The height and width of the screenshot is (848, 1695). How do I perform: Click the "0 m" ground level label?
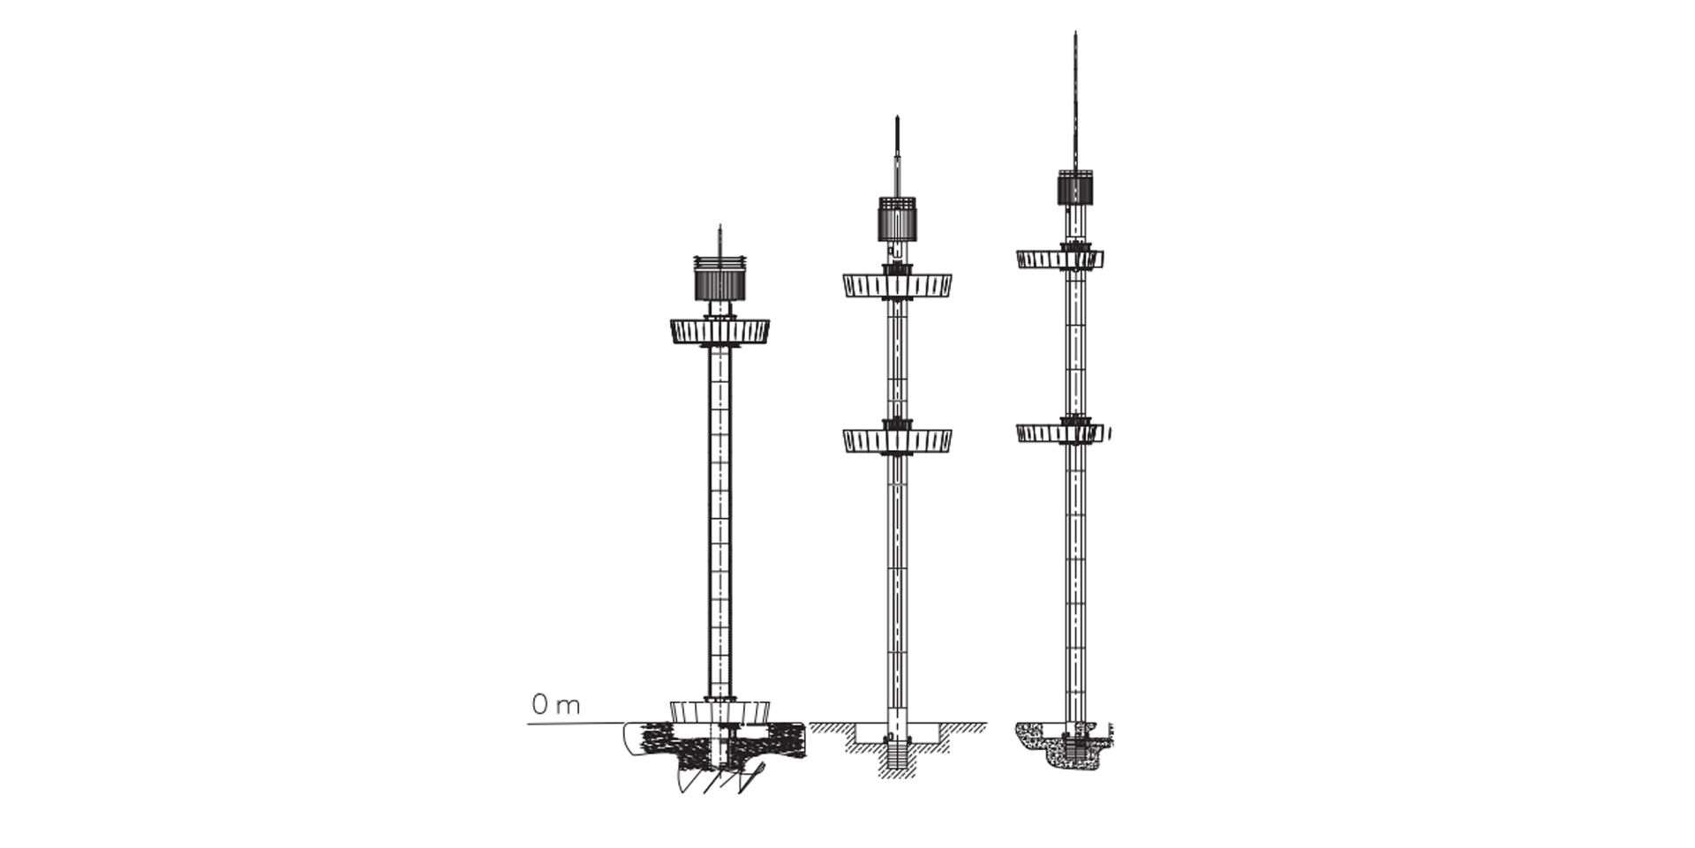[x=556, y=705]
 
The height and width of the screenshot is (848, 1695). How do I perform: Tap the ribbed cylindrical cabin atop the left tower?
[x=719, y=281]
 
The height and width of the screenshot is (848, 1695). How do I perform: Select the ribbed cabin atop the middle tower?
[x=897, y=219]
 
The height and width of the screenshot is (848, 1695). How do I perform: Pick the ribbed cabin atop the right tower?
[x=1076, y=187]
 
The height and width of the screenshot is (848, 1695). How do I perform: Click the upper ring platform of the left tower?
[x=719, y=332]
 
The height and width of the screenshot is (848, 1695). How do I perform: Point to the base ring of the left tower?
[x=719, y=711]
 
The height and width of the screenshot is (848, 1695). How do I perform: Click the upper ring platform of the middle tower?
[x=897, y=285]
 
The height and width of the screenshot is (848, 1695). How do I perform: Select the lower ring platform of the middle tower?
[x=897, y=440]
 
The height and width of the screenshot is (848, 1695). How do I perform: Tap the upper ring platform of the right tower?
[x=1060, y=259]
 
